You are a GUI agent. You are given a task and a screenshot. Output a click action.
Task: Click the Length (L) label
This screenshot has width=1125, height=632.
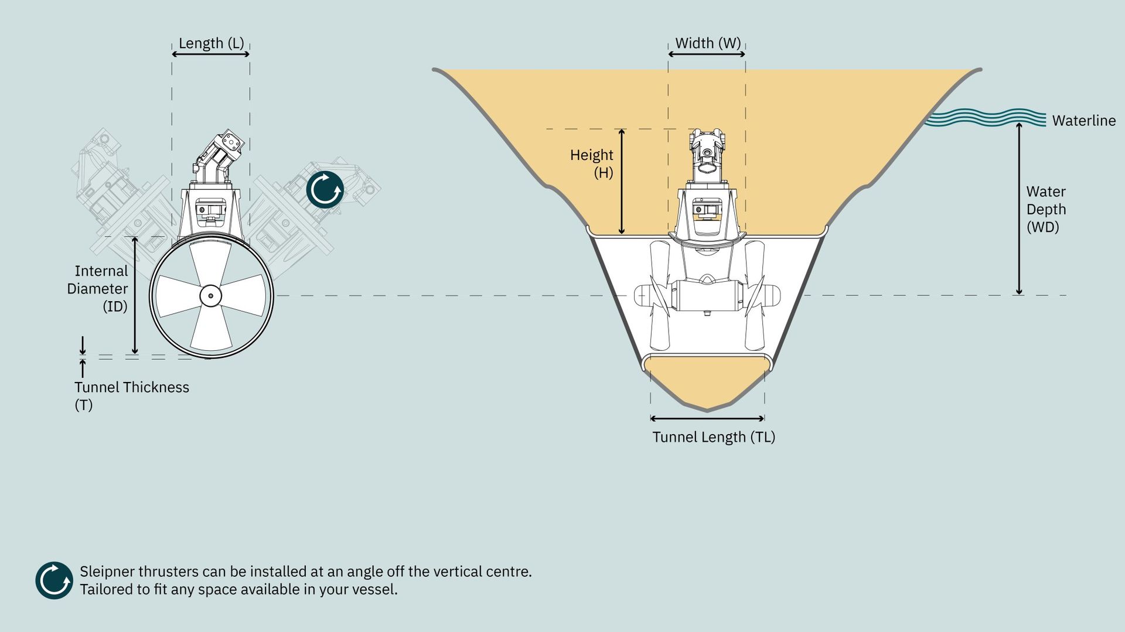click(211, 43)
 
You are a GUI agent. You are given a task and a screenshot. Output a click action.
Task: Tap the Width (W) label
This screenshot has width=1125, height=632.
click(708, 43)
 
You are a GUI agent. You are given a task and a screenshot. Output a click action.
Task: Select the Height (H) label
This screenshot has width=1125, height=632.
click(592, 163)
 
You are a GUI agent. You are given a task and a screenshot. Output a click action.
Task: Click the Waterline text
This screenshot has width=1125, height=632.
click(1084, 121)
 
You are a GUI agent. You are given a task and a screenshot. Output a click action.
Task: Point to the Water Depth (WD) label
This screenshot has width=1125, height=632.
click(1046, 209)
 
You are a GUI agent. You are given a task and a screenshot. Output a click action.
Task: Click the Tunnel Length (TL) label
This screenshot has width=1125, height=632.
click(714, 437)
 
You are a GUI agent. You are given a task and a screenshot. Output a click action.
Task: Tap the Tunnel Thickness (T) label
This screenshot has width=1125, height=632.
click(132, 396)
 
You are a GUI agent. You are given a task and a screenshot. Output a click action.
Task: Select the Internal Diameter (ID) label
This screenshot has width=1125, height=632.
click(97, 289)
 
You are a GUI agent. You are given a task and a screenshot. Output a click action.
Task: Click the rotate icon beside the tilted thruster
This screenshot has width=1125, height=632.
click(325, 190)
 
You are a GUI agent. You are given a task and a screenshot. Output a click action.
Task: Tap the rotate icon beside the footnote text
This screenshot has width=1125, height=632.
click(54, 580)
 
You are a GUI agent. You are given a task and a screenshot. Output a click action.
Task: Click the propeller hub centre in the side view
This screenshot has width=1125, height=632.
click(210, 296)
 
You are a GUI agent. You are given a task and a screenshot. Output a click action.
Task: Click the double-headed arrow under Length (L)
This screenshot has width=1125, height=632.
click(210, 54)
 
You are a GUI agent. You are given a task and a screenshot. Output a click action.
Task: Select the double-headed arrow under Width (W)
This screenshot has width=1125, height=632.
click(707, 54)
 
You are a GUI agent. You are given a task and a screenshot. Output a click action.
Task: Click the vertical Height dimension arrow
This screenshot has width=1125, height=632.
click(622, 182)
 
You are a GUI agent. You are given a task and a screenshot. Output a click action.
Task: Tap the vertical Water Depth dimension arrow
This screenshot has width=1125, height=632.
click(1019, 209)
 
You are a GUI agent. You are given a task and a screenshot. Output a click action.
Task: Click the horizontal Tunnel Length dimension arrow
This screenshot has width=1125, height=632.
click(707, 418)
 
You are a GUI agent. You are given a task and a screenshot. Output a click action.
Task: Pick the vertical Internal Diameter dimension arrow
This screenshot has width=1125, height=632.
click(135, 296)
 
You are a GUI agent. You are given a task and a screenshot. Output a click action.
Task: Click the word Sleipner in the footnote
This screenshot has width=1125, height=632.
click(107, 572)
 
